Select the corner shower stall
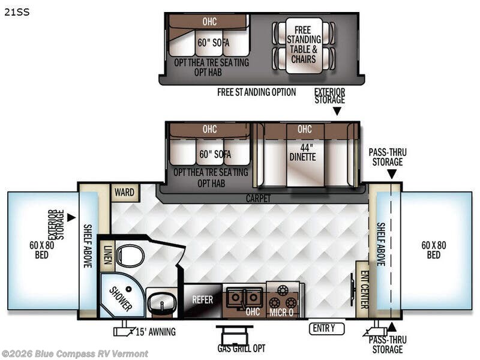point(121,295)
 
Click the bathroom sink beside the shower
point(161,302)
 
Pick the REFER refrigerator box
point(203,299)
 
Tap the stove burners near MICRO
point(283,302)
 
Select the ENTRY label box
point(328,328)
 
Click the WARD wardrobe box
point(125,193)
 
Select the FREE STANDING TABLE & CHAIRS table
point(304,46)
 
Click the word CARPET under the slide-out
point(258,198)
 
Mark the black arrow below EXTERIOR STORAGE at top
point(337,110)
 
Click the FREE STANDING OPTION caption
point(257,92)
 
